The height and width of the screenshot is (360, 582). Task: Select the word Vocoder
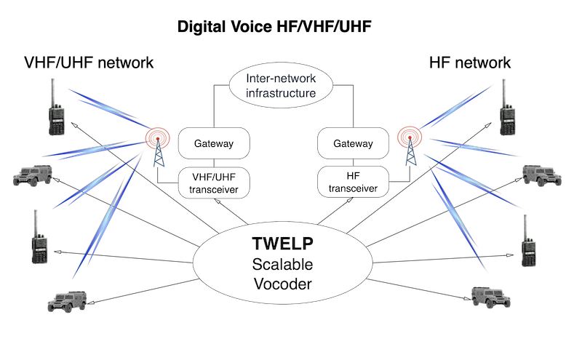pyautogui.click(x=282, y=283)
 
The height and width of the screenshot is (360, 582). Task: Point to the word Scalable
pyautogui.click(x=282, y=263)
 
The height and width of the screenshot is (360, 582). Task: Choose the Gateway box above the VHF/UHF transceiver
pyautogui.click(x=214, y=143)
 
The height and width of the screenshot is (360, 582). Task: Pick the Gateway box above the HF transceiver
pyautogui.click(x=353, y=143)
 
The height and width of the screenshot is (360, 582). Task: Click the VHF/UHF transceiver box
pyautogui.click(x=214, y=182)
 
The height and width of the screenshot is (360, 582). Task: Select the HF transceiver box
pyautogui.click(x=353, y=182)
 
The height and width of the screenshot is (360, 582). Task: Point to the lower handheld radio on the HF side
pyautogui.click(x=527, y=239)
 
